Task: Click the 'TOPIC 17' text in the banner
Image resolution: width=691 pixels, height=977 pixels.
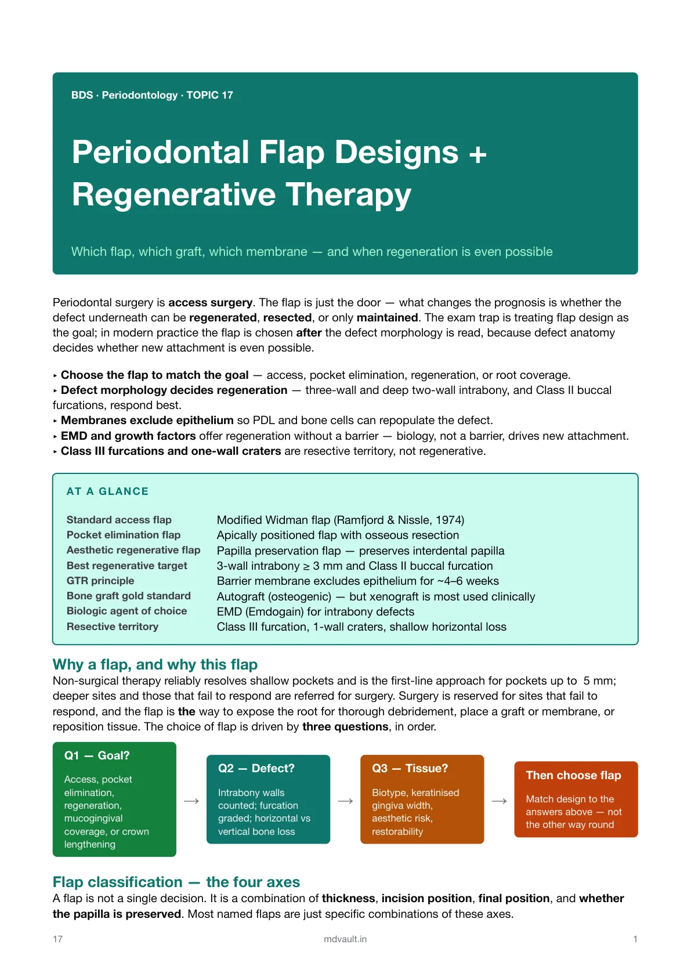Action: pos(210,95)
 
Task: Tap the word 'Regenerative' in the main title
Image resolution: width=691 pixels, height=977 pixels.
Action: pos(173,194)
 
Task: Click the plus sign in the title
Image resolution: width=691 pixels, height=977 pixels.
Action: pos(477,154)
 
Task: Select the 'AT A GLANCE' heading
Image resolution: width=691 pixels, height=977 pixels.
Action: pos(107,491)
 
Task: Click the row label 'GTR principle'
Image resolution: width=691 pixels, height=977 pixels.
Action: pos(100,581)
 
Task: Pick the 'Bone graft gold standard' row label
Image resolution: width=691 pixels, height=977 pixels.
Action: pos(129,596)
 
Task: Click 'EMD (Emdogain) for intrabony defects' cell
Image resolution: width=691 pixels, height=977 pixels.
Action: pos(316,611)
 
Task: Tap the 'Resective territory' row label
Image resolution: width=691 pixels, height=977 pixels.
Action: pos(112,627)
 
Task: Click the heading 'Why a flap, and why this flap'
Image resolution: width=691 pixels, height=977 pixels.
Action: pos(155,664)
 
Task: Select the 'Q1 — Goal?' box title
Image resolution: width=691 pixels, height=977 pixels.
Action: pos(97,755)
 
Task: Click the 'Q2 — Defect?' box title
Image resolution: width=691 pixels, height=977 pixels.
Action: pos(256,768)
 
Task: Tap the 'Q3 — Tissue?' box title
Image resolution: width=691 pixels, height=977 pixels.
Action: pos(410,768)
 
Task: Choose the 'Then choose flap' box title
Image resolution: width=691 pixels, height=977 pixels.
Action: pos(573,775)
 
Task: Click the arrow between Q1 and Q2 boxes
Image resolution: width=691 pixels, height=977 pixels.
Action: pos(191,801)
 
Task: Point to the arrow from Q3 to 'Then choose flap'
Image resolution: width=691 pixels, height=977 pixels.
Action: pos(499,801)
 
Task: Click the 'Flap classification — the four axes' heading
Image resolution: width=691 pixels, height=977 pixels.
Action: pos(176,882)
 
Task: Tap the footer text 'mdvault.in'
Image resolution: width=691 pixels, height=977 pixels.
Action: pos(345,939)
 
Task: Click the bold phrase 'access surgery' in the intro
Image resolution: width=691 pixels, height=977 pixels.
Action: pos(210,303)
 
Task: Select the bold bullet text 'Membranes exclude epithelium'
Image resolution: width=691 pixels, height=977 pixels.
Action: pos(147,421)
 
